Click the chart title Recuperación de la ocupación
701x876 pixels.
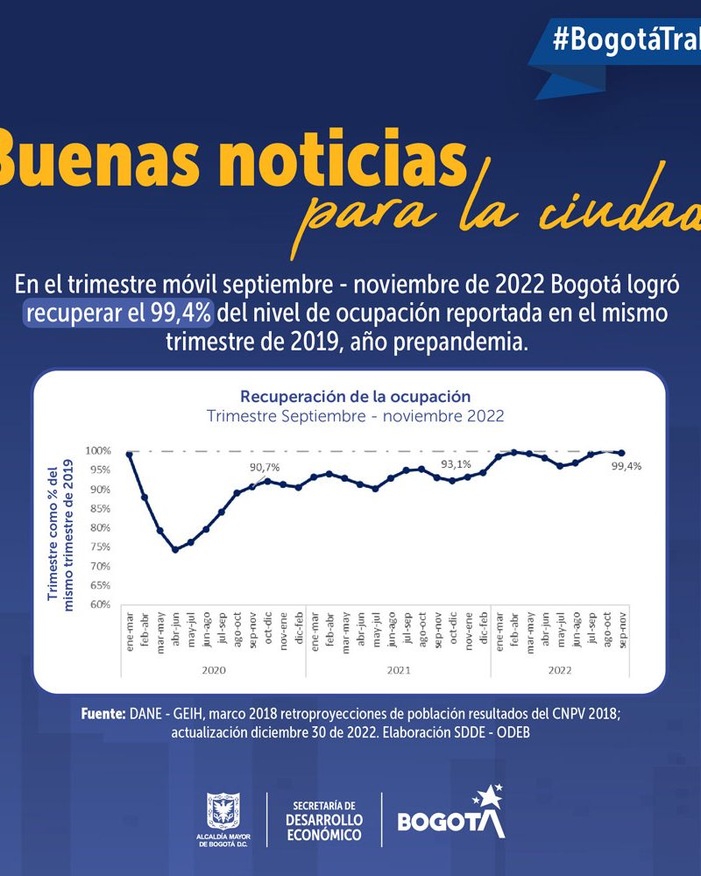point(356,396)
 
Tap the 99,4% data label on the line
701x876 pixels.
point(627,467)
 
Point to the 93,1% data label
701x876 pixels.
point(456,464)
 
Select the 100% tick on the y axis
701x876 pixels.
point(98,451)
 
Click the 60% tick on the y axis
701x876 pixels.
point(99,604)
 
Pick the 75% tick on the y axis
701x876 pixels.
point(99,547)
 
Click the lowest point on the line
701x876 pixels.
point(175,550)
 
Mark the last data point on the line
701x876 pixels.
point(622,453)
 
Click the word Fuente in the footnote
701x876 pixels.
point(103,715)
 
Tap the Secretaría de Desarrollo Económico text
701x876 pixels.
point(323,820)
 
